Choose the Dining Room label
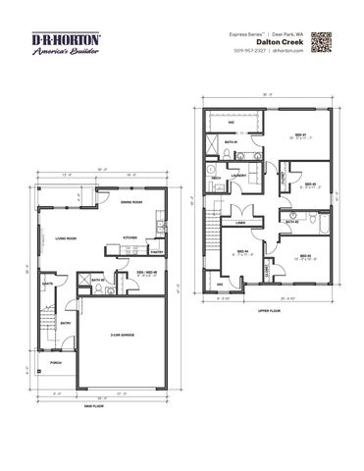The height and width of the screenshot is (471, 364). [x=132, y=203]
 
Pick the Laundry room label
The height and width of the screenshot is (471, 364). [x=239, y=177]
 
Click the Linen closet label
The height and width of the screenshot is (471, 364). [x=239, y=224]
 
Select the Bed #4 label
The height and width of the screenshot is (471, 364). [x=241, y=252]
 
